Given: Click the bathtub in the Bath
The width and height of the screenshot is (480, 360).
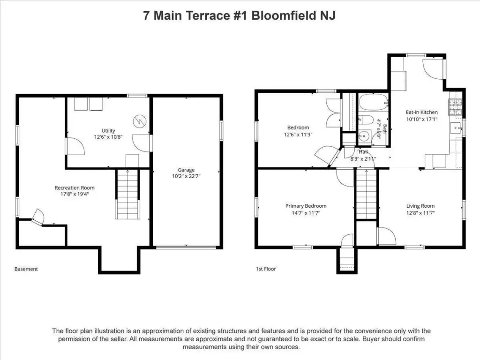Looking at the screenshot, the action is click(374, 103).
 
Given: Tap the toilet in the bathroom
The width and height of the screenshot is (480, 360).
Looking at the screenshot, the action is click(365, 120).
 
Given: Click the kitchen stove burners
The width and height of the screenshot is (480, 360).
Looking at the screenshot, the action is click(455, 107).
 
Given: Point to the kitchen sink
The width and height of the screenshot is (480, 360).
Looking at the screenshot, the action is click(456, 127).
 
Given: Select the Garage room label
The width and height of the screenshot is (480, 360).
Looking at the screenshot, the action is click(186, 170).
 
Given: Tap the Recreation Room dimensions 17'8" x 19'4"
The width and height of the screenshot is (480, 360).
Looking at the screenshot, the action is click(75, 194).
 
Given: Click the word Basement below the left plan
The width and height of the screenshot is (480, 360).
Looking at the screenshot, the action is click(26, 269).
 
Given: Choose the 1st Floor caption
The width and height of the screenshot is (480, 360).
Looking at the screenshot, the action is click(266, 269).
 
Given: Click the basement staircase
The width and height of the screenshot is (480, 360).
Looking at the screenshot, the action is click(127, 194).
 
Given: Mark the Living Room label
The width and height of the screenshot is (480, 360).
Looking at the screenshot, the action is click(420, 206).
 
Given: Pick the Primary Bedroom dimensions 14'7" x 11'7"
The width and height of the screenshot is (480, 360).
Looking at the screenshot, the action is click(306, 213).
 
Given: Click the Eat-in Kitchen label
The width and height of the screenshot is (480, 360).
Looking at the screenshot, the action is click(422, 112).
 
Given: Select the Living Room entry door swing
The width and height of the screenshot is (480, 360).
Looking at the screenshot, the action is click(387, 236).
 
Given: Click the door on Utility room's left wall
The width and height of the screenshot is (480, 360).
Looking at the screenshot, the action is click(75, 146).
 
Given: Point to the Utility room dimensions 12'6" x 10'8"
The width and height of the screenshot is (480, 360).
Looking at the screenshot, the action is click(108, 137).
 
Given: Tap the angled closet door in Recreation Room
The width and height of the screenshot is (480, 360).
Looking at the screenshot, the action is click(38, 217).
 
